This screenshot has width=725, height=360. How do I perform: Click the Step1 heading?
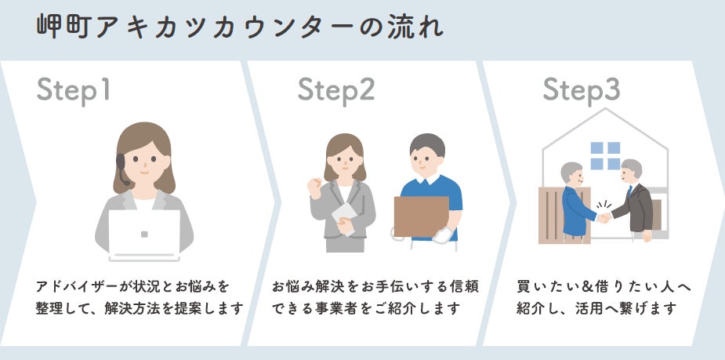pyautogui.click(x=74, y=90)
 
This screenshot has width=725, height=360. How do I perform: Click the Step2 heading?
pyautogui.click(x=335, y=90)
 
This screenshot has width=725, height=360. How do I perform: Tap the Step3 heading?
pyautogui.click(x=581, y=90)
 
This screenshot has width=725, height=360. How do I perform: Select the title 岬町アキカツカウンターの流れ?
pyautogui.click(x=240, y=26)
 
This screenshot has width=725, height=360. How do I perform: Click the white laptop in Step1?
pyautogui.click(x=143, y=234)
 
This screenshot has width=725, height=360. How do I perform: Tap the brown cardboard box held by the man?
pyautogui.click(x=421, y=216)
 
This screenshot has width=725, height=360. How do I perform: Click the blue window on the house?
pyautogui.click(x=605, y=155)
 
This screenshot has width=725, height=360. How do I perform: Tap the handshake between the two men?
pyautogui.click(x=603, y=217)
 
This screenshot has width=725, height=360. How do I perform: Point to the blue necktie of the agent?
pyautogui.click(x=629, y=191)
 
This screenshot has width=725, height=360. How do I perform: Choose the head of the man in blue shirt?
pyautogui.click(x=427, y=155)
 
